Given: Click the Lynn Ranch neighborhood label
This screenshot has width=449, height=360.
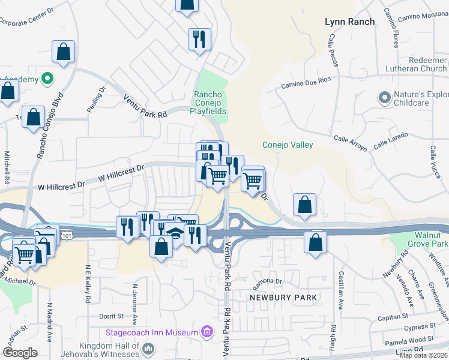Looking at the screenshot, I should pos(349,22).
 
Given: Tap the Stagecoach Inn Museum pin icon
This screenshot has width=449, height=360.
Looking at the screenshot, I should pos(207,331).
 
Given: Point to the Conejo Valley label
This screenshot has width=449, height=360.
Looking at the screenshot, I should pos(288,145).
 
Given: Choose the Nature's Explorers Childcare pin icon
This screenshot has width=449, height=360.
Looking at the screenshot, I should pos(384,97).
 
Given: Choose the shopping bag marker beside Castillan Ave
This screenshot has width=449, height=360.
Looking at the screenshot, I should pos(315,242).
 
